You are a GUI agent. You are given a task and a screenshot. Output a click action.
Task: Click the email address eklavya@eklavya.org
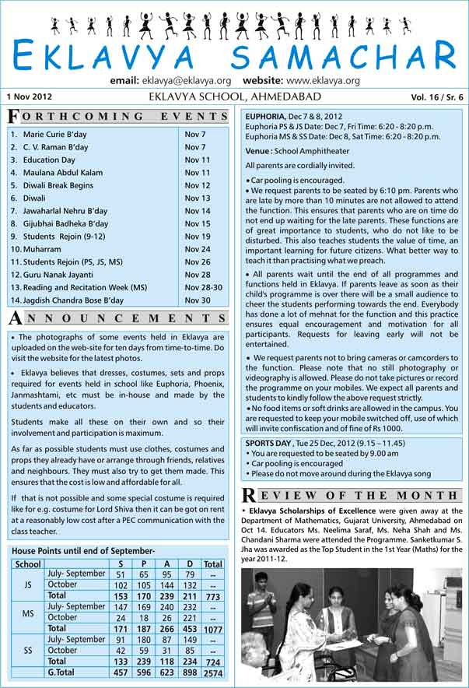pos(187,80)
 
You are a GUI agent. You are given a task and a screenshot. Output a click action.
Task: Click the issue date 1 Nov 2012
pos(28,97)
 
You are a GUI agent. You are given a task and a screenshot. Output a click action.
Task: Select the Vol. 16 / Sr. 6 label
pos(436,98)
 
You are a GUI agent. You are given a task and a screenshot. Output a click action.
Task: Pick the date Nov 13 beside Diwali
pos(197,198)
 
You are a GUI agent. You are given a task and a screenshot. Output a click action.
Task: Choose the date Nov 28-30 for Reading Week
pos(203,287)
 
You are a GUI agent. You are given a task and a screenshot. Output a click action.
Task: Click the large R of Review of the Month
pos(249,494)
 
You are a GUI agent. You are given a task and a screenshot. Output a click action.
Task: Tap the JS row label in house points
pos(28,585)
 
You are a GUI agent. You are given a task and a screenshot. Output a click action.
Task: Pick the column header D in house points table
pos(191,564)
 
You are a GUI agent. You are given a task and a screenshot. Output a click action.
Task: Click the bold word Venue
pos(258,151)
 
